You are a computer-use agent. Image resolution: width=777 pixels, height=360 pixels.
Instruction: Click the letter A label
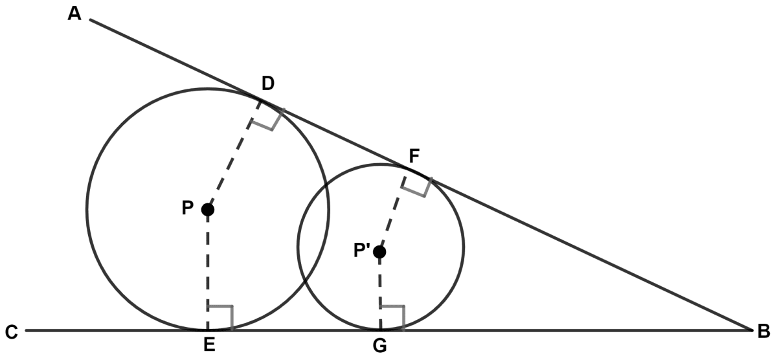pyautogui.click(x=74, y=14)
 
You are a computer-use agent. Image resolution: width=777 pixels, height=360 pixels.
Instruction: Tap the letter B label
pyautogui.click(x=764, y=332)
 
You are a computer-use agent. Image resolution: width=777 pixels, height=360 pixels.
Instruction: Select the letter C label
pyautogui.click(x=12, y=332)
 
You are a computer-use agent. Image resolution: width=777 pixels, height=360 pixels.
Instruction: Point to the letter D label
pyautogui.click(x=268, y=84)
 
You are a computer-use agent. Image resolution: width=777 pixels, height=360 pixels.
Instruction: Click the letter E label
pyautogui.click(x=209, y=344)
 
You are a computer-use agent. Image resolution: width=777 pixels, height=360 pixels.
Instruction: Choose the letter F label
pyautogui.click(x=414, y=156)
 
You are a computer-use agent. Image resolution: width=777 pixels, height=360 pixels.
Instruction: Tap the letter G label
pyautogui.click(x=380, y=346)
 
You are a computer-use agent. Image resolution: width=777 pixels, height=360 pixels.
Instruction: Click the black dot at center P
pyautogui.click(x=208, y=210)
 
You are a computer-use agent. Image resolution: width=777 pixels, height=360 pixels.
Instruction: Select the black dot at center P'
pyautogui.click(x=379, y=252)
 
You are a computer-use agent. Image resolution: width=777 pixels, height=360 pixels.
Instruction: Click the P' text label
pyautogui.click(x=362, y=250)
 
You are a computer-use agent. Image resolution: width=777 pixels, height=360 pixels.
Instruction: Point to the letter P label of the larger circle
pyautogui.click(x=188, y=208)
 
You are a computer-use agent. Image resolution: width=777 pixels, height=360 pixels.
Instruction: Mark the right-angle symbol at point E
pyautogui.click(x=220, y=318)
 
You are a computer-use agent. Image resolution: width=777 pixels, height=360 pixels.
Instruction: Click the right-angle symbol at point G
pyautogui.click(x=392, y=318)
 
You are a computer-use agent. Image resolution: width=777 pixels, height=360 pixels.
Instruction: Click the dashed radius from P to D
pyautogui.click(x=234, y=155)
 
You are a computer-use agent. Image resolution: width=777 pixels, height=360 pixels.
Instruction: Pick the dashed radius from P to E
pyautogui.click(x=208, y=270)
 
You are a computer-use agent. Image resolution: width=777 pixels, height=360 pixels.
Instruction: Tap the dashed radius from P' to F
pyautogui.click(x=392, y=214)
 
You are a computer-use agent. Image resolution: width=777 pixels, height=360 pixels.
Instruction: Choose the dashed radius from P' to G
pyautogui.click(x=380, y=291)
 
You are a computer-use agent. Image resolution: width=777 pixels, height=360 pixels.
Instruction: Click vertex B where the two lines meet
pyautogui.click(x=751, y=330)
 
